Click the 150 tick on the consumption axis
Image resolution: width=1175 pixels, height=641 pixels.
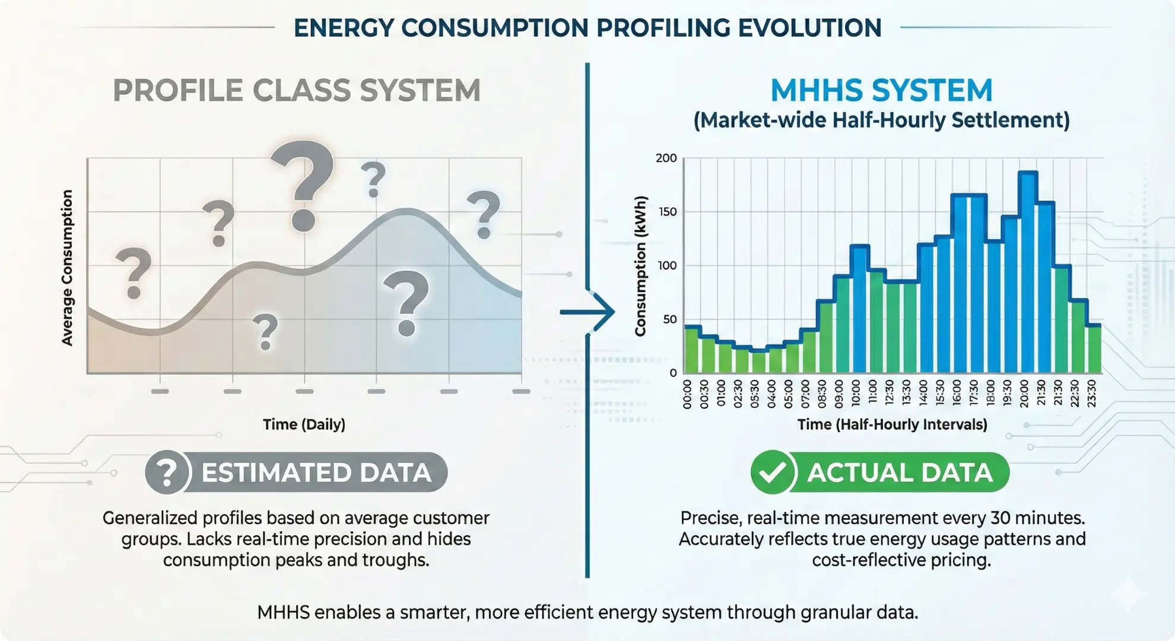click(x=668, y=212)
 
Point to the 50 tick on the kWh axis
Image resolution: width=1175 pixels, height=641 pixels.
click(x=669, y=319)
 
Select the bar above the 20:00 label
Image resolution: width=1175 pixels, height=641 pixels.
click(x=1028, y=273)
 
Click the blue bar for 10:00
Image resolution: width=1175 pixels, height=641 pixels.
click(x=859, y=309)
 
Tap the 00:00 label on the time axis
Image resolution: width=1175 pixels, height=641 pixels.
click(x=687, y=394)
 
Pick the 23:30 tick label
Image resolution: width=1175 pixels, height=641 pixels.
click(x=1091, y=394)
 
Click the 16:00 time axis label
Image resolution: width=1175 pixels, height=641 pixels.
click(x=957, y=394)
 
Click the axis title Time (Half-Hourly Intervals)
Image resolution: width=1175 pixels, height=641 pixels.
click(x=892, y=424)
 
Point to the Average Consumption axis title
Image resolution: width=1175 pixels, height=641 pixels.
click(x=67, y=268)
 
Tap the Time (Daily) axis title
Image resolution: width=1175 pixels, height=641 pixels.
click(x=304, y=424)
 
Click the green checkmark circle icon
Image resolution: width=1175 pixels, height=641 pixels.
click(x=772, y=472)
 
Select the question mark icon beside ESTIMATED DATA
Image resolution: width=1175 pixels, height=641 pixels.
click(x=167, y=472)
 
